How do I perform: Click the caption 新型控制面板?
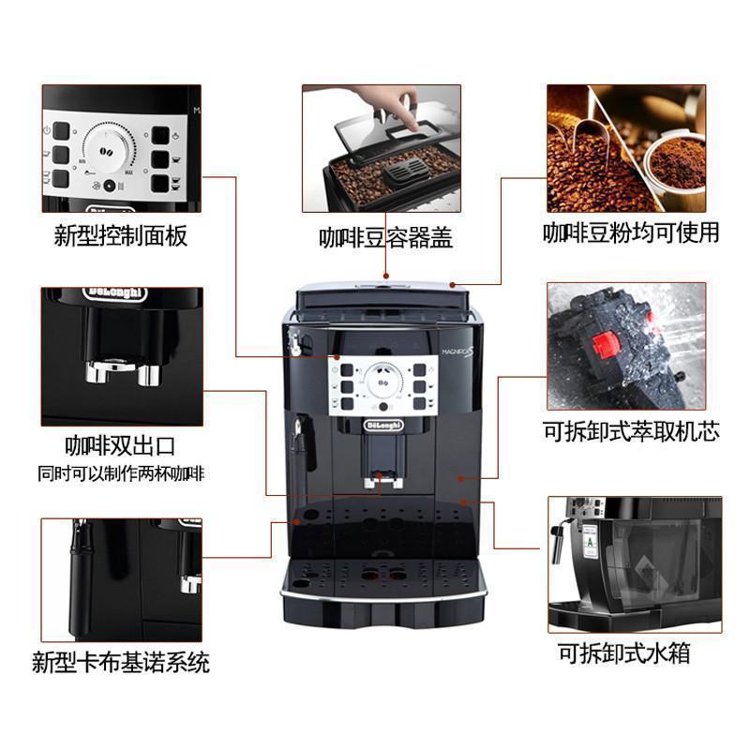(x=121, y=235)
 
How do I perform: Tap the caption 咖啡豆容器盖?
(x=384, y=238)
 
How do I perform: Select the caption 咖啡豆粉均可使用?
(x=631, y=232)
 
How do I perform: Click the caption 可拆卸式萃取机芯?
(x=631, y=432)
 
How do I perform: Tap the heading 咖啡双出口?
(x=120, y=443)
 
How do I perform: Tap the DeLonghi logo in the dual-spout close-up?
(x=114, y=293)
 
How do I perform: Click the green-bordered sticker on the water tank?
(x=590, y=540)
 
